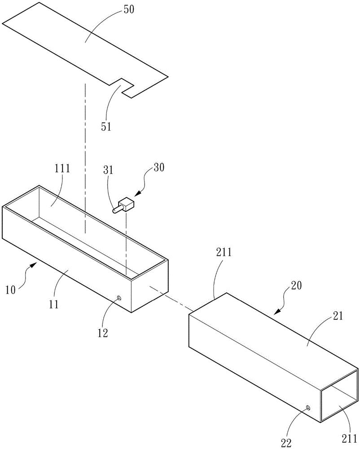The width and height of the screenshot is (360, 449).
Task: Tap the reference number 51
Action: (106, 126)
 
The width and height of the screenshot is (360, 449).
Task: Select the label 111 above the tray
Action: (62, 168)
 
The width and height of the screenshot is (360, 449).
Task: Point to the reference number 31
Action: (108, 170)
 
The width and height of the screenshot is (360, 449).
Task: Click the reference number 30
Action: (159, 167)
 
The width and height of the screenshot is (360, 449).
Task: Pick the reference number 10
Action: (11, 290)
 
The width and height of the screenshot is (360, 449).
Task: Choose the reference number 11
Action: (54, 304)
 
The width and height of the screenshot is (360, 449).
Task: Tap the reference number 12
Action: (103, 333)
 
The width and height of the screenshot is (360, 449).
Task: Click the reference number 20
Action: (296, 286)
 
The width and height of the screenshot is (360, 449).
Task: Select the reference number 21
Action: (338, 317)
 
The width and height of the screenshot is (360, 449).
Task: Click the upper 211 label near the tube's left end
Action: (224, 252)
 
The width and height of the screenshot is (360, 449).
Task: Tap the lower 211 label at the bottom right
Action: (349, 438)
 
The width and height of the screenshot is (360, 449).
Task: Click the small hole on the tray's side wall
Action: (119, 299)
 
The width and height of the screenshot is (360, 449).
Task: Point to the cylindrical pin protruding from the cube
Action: (117, 210)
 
